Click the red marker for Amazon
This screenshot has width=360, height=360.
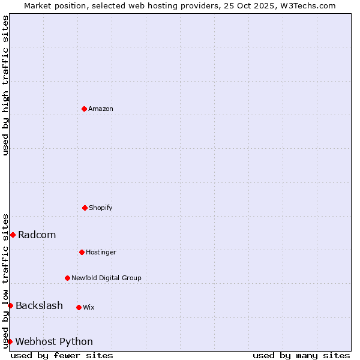coord(84,109)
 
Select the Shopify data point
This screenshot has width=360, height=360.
coord(85,208)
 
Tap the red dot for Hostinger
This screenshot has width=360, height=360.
coord(82,252)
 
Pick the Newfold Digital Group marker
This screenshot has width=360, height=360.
coord(67,278)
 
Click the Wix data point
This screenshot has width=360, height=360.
coord(79,307)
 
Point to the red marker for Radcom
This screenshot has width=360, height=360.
coord(13,235)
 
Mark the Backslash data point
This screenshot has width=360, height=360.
coord(10,305)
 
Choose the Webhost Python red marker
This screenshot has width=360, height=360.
coord(10,341)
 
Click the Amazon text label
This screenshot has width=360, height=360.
coord(101,109)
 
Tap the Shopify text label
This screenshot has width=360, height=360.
coord(101,208)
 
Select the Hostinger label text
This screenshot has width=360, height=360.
coord(101,252)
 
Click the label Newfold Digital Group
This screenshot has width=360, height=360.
coord(106,278)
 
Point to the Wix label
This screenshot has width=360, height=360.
coord(89,307)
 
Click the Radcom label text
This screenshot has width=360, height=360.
coord(37,235)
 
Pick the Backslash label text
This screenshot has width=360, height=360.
coord(39,305)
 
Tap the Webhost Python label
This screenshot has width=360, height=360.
coord(54,341)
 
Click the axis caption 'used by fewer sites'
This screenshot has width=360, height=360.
coord(62,355)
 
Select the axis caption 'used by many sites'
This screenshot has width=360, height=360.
coord(301,355)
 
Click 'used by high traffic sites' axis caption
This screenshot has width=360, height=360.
coord(5,85)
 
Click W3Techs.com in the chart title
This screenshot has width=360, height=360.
coord(306,5)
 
